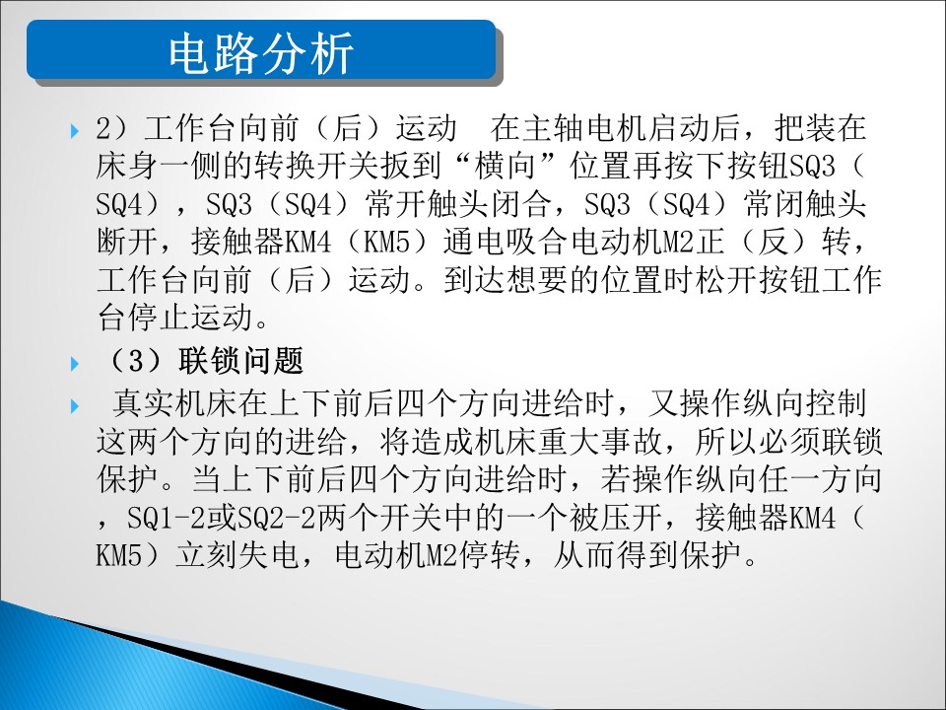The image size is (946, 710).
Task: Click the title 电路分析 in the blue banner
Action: [x=260, y=54]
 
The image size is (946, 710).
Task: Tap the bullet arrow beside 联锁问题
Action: [x=75, y=364]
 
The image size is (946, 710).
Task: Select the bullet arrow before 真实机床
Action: [x=75, y=405]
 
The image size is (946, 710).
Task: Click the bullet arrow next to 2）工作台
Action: [x=75, y=130]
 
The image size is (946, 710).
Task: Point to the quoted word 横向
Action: [x=506, y=167]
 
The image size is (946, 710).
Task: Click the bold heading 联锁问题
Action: [x=240, y=361]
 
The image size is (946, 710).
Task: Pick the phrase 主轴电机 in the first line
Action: [x=584, y=128]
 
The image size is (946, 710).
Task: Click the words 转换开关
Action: [x=316, y=167]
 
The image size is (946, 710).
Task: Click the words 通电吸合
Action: [x=506, y=243]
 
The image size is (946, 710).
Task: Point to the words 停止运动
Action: [x=190, y=318]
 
